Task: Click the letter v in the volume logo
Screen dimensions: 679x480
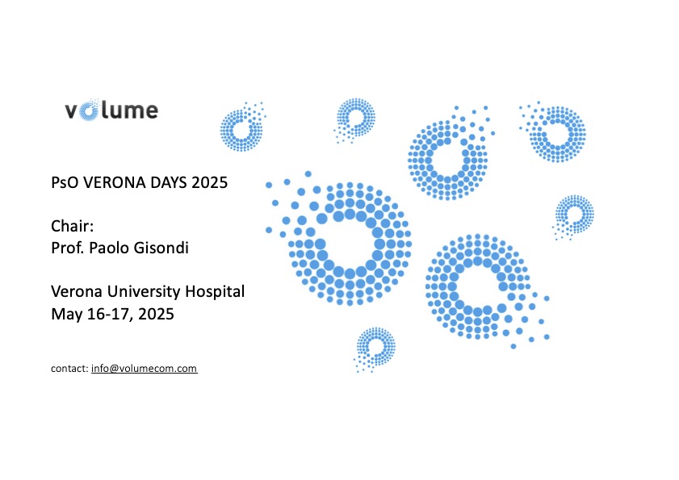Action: tap(71, 111)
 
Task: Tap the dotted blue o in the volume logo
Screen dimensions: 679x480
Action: tap(89, 111)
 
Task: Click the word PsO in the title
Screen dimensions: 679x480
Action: tap(65, 182)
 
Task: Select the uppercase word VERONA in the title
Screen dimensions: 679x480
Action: tap(115, 182)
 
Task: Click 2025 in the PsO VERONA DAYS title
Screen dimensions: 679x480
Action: tap(210, 182)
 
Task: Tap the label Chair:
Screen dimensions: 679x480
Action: tap(73, 226)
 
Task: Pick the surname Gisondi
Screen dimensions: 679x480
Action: tap(161, 248)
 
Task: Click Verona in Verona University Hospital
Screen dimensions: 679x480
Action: tap(77, 292)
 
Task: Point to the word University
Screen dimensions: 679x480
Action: tap(144, 292)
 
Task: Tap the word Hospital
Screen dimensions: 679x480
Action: tap(215, 292)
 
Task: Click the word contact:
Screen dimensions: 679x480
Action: tap(69, 369)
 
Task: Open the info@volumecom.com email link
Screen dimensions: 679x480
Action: tap(145, 369)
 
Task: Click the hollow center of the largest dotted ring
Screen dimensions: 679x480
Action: tap(350, 245)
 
